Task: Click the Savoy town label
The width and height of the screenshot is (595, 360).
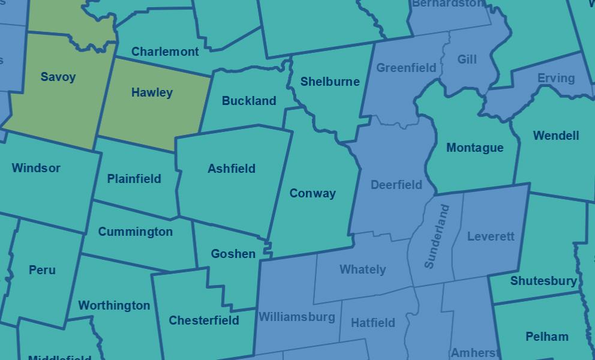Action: pyautogui.click(x=58, y=77)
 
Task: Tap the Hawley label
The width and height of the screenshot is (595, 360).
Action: pyautogui.click(x=152, y=92)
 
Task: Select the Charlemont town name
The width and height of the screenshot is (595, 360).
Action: pyautogui.click(x=165, y=52)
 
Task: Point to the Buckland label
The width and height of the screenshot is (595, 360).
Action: pyautogui.click(x=249, y=101)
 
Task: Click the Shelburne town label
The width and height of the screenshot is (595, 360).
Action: pyautogui.click(x=330, y=82)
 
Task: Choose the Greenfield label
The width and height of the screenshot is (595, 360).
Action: pyautogui.click(x=406, y=68)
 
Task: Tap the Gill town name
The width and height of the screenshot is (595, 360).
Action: pyautogui.click(x=467, y=59)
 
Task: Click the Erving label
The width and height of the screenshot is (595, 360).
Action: pyautogui.click(x=555, y=78)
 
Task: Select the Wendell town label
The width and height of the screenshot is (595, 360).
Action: pyautogui.click(x=556, y=136)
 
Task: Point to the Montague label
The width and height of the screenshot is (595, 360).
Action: pyautogui.click(x=475, y=148)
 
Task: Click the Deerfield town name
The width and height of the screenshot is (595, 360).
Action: pyautogui.click(x=396, y=185)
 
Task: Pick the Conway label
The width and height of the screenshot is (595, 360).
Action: pyautogui.click(x=312, y=193)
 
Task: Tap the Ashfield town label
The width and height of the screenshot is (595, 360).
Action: pyautogui.click(x=232, y=169)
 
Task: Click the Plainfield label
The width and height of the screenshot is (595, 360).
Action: pyautogui.click(x=134, y=179)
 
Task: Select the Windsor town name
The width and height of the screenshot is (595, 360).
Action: pyautogui.click(x=36, y=168)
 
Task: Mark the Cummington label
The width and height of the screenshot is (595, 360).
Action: pyautogui.click(x=135, y=232)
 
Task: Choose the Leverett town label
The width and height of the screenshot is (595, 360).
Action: pyautogui.click(x=491, y=236)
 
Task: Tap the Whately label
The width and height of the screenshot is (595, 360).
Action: pyautogui.click(x=362, y=269)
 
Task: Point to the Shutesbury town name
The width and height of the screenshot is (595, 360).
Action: pyautogui.click(x=543, y=281)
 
